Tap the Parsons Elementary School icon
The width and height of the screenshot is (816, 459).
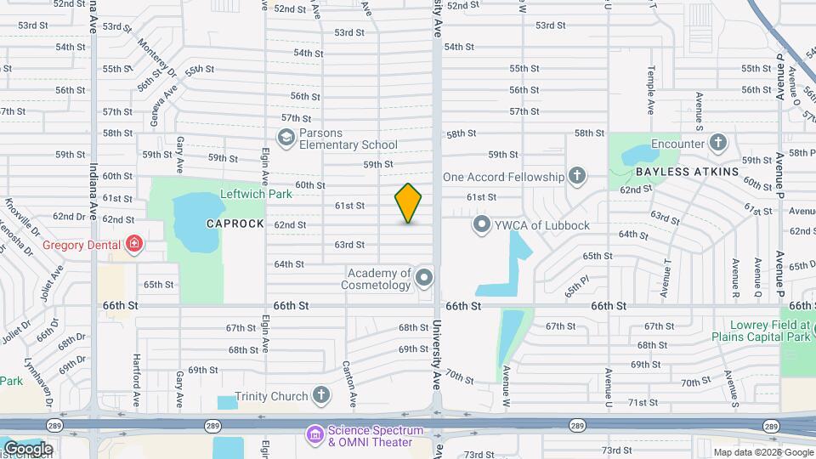(286, 137)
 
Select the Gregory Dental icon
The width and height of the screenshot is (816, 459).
(133, 246)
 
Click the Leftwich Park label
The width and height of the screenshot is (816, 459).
(256, 194)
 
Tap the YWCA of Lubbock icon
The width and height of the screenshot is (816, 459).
(482, 225)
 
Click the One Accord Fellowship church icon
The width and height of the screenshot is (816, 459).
(577, 177)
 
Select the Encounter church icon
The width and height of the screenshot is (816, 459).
(718, 143)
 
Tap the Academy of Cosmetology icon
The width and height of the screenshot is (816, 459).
(423, 278)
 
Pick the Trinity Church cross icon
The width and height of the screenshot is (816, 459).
(320, 395)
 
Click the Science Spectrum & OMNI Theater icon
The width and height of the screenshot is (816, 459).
(315, 435)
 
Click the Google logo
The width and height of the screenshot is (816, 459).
(27, 449)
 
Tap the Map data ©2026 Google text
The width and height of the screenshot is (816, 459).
(762, 452)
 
